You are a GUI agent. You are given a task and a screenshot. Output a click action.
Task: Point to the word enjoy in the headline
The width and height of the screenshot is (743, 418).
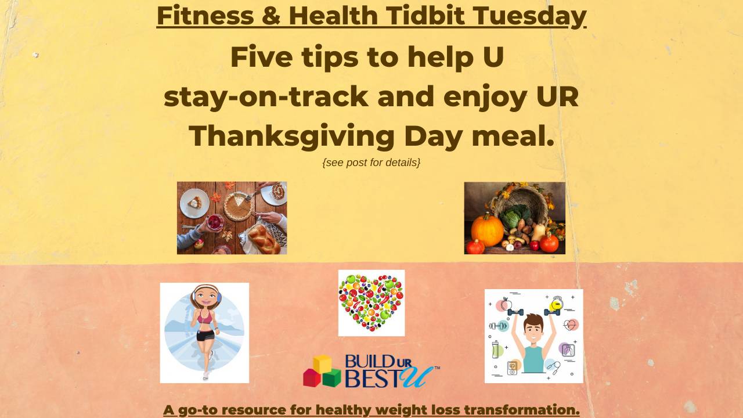[x=485, y=98]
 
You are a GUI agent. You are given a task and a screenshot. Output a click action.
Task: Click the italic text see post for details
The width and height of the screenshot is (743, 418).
[x=371, y=163]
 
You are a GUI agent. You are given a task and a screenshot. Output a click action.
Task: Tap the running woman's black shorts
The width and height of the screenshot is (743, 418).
[x=205, y=335]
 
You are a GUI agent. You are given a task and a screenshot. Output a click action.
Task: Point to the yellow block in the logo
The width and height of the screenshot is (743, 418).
[x=322, y=364]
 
